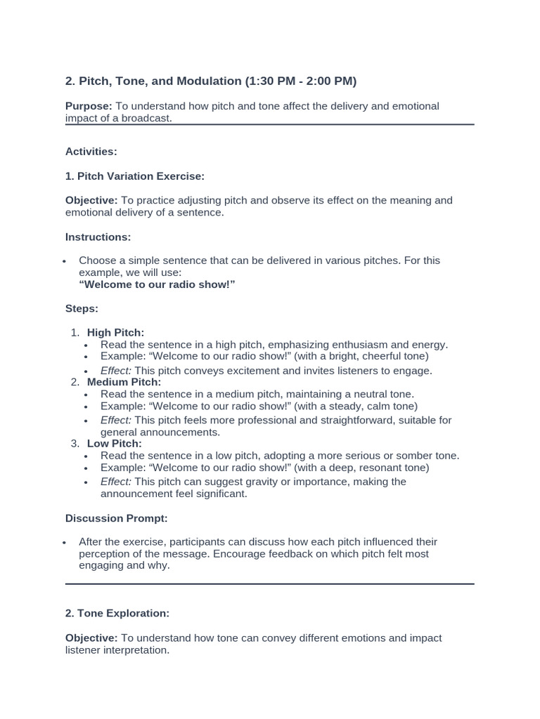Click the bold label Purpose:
(x=89, y=106)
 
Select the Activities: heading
(x=91, y=152)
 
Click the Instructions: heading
(x=98, y=237)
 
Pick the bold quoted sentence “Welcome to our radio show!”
(x=157, y=284)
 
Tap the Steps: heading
(x=82, y=309)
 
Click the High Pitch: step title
(x=115, y=332)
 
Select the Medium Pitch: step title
(x=124, y=382)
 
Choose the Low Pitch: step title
(x=114, y=444)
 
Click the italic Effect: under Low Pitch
(x=116, y=482)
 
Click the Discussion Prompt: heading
(x=117, y=518)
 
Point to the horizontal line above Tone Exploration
(x=270, y=583)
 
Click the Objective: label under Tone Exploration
(x=91, y=638)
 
